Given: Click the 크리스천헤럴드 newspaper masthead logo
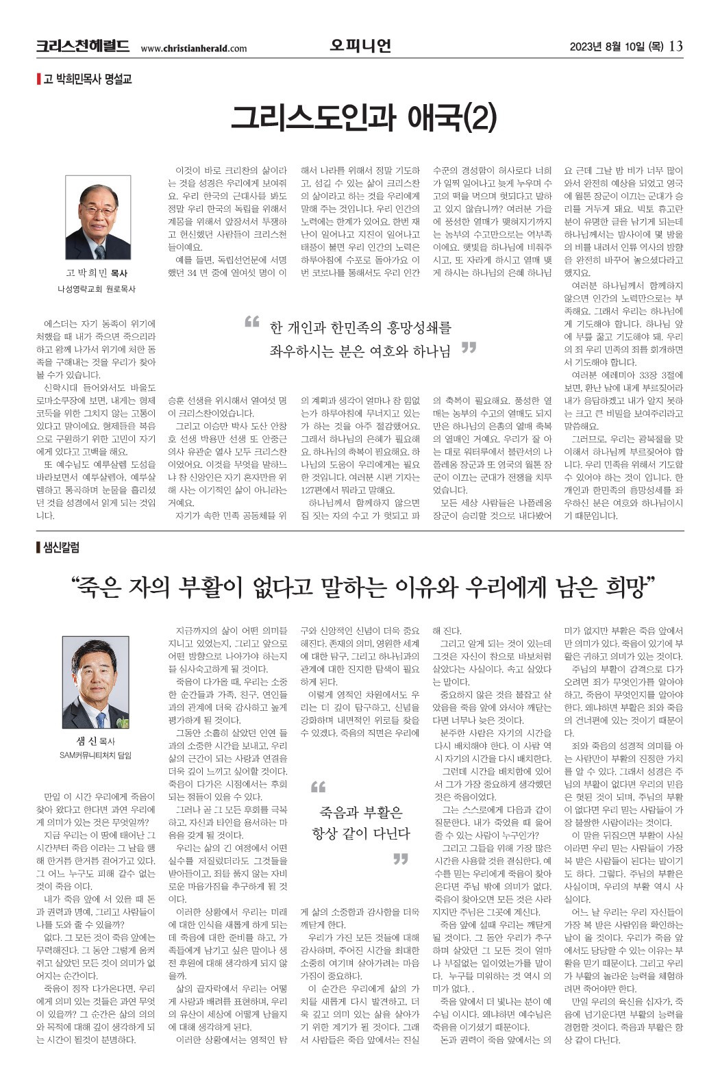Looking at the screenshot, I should pyautogui.click(x=82, y=47).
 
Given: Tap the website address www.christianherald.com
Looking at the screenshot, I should pyautogui.click(x=193, y=48).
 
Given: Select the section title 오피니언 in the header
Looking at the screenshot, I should pyautogui.click(x=360, y=46).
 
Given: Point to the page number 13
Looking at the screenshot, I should pyautogui.click(x=675, y=47).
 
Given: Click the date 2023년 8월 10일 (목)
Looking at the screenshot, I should pyautogui.click(x=616, y=47).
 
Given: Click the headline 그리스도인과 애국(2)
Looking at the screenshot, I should pyautogui.click(x=362, y=117).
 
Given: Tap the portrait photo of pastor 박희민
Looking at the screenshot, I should pyautogui.click(x=98, y=217).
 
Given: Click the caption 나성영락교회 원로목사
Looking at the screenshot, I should pyautogui.click(x=97, y=289).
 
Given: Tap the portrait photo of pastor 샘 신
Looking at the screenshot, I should pyautogui.click(x=96, y=683).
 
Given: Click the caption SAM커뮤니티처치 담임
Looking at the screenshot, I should pyautogui.click(x=95, y=755).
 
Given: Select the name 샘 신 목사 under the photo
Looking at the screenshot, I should pyautogui.click(x=96, y=741).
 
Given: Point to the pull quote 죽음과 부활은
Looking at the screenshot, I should pyautogui.click(x=361, y=813).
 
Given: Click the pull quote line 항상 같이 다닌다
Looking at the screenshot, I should pyautogui.click(x=361, y=834).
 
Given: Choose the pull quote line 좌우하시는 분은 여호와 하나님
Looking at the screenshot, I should pyautogui.click(x=360, y=351).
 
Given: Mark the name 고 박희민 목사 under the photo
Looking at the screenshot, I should pyautogui.click(x=97, y=273).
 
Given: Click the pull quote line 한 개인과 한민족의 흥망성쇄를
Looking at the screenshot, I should pyautogui.click(x=360, y=327).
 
